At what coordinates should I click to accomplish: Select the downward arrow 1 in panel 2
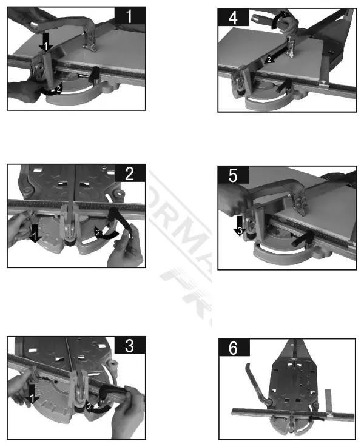35,233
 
